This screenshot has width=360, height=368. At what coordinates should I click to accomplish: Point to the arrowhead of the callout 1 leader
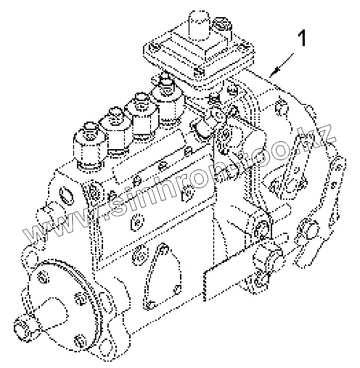click(270, 75)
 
